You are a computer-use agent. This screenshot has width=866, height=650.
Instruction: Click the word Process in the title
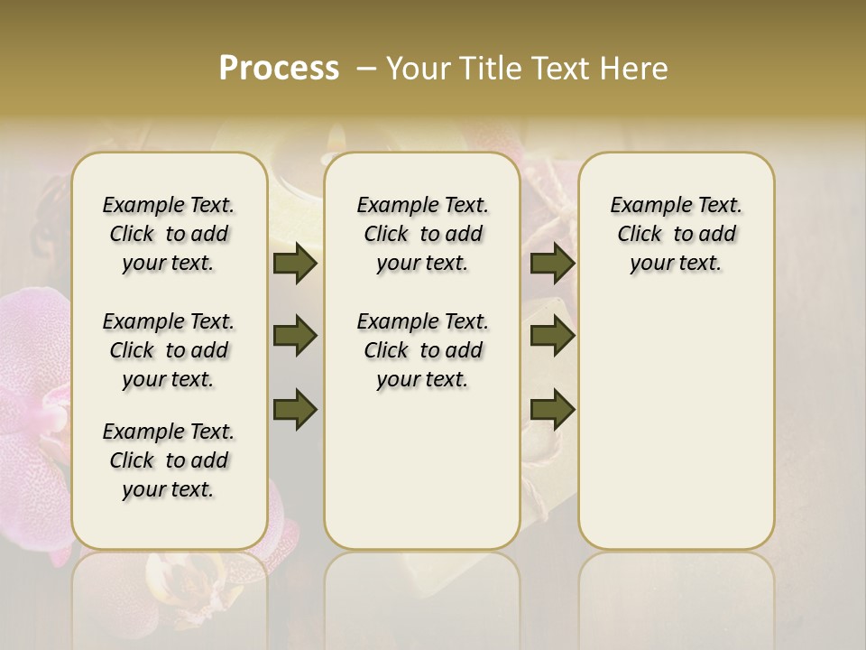[279, 68]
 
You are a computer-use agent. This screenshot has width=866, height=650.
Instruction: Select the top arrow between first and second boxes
[295, 264]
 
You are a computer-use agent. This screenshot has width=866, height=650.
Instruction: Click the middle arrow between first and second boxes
[295, 337]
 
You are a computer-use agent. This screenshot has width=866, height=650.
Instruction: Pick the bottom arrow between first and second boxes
[295, 409]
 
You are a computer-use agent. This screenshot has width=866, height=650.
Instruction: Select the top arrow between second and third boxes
[552, 264]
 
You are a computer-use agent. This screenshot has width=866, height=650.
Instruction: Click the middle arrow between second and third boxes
[552, 337]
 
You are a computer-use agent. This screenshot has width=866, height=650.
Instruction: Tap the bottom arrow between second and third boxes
[552, 409]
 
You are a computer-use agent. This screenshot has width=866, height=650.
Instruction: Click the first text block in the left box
[169, 234]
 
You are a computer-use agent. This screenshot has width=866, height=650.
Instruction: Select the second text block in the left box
[169, 350]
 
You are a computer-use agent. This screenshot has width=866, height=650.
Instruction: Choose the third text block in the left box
[169, 460]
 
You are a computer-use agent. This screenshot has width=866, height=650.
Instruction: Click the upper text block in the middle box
[422, 234]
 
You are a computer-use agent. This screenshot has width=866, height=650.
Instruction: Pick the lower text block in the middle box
[422, 350]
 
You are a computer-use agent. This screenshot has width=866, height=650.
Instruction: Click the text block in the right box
[676, 234]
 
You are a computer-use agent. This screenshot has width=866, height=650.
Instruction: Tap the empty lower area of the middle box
[422, 469]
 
